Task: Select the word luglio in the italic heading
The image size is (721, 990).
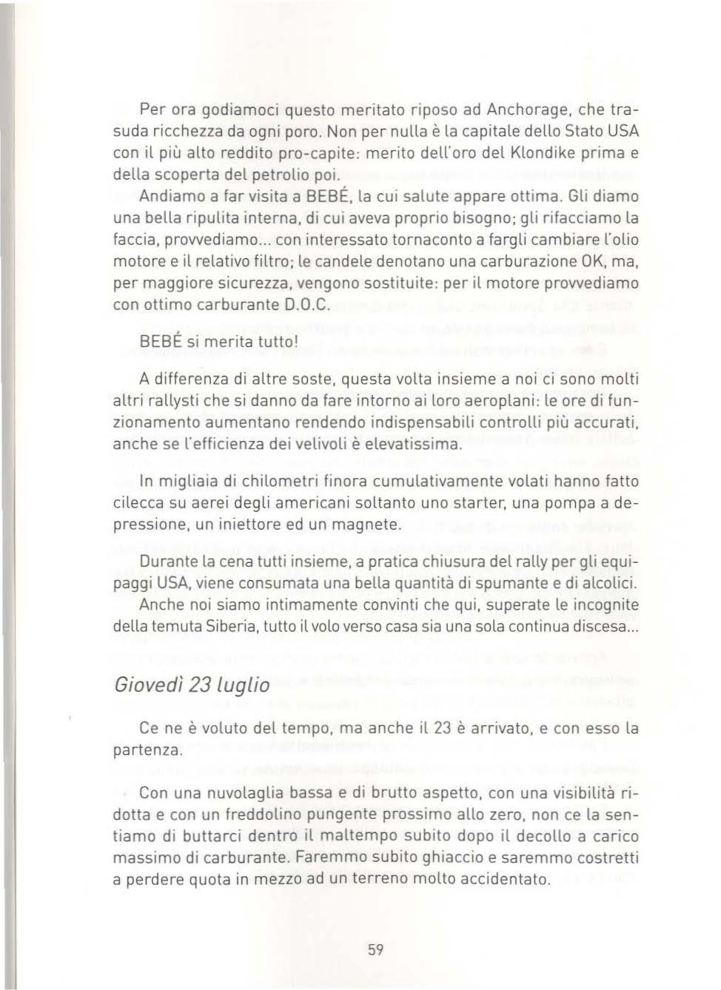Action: pos(243,685)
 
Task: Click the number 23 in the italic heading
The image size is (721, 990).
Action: pos(199,685)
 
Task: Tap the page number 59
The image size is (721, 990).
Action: pos(375,950)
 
